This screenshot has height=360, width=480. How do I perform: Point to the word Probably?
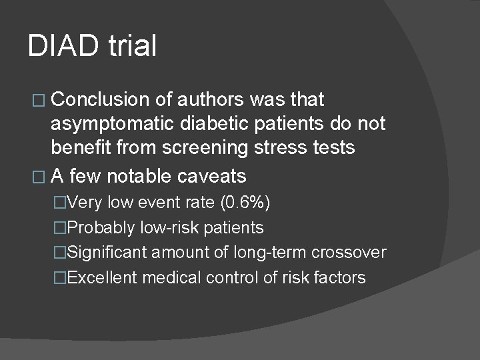102,228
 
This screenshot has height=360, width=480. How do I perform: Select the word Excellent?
103,277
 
